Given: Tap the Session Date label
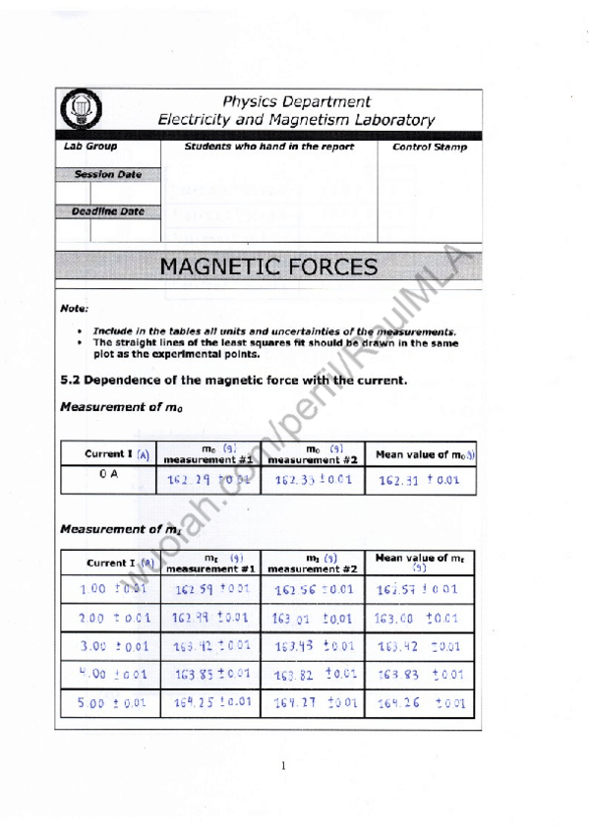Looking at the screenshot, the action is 108,175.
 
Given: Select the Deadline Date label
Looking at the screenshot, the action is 107,211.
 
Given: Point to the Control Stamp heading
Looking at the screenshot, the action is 430,148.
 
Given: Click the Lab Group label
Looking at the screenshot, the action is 90,147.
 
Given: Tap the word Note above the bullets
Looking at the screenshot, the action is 74,309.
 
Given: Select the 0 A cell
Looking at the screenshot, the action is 109,474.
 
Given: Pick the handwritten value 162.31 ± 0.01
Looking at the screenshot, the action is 420,481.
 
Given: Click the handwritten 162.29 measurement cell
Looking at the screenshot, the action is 209,481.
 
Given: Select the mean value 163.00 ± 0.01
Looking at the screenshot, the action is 417,619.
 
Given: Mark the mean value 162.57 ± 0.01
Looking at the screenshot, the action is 417,590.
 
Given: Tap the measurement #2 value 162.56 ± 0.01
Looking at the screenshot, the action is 313,590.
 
